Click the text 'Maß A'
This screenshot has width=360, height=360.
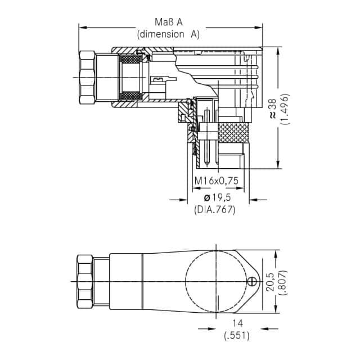click(169, 22)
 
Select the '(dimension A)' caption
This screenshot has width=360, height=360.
click(168, 34)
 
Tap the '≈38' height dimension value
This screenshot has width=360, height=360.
click(273, 109)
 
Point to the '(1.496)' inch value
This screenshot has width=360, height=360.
click(285, 109)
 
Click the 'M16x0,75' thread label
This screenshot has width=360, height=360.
click(216, 181)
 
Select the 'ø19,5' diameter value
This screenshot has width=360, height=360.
click(217, 197)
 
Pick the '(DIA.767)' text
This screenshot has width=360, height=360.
click(215, 210)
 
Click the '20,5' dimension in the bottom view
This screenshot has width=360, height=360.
click(270, 282)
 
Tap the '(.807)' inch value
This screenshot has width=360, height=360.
click(283, 282)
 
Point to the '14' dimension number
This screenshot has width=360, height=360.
click(237, 323)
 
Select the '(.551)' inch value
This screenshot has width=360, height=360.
click(237, 336)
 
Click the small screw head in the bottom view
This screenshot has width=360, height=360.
click(251, 281)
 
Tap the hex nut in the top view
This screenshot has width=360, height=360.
click(87, 78)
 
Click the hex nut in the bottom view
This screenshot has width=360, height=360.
click(85, 281)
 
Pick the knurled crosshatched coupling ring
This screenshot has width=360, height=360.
click(233, 133)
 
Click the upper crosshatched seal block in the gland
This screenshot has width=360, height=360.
click(130, 59)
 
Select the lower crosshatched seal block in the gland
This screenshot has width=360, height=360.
click(130, 96)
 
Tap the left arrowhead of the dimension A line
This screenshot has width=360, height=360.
click(83, 28)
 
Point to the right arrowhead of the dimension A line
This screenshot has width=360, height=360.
click(258, 28)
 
